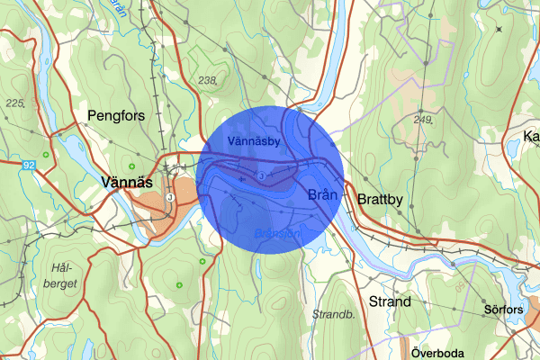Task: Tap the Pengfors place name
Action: (x=116, y=114)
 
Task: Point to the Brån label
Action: (x=321, y=194)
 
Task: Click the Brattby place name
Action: (x=384, y=198)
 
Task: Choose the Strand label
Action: (x=390, y=301)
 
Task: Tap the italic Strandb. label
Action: (x=334, y=315)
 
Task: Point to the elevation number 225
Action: (x=13, y=103)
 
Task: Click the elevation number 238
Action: (x=208, y=81)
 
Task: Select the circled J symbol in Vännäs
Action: (x=170, y=197)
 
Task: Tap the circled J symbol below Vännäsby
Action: (x=259, y=175)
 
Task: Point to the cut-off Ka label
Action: (x=531, y=137)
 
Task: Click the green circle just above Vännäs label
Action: (x=132, y=166)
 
